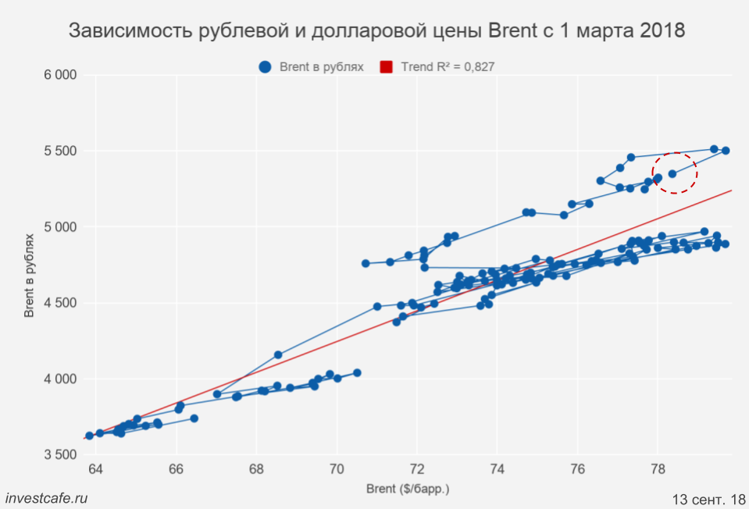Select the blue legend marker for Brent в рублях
(266, 67)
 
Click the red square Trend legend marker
(386, 67)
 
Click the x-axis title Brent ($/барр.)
(408, 489)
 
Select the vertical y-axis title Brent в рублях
(29, 265)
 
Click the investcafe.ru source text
(46, 497)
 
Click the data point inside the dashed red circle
(672, 173)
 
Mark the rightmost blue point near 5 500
(725, 151)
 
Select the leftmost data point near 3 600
(89, 436)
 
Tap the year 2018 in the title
(663, 31)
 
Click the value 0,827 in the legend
(479, 67)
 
